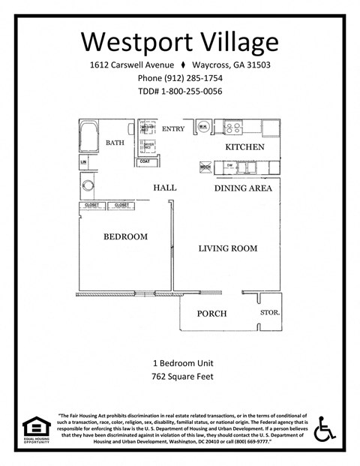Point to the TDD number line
click(180, 92)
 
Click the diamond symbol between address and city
click(184, 65)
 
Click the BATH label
click(115, 142)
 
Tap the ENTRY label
click(173, 128)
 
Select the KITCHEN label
click(245, 147)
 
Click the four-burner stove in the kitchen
click(234, 128)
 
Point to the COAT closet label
click(145, 161)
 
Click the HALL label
click(164, 188)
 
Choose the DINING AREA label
click(243, 188)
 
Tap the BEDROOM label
click(125, 236)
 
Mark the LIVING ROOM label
click(227, 248)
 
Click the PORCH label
click(211, 313)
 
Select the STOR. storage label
click(270, 311)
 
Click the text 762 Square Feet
click(180, 376)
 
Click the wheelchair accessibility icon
click(324, 429)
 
